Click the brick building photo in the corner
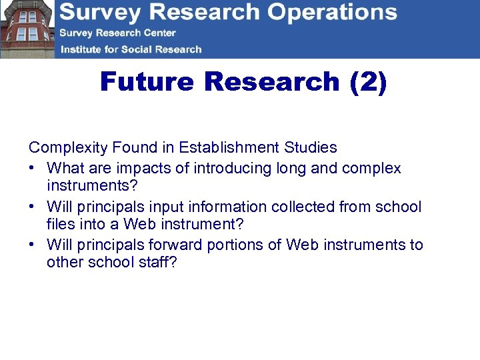pos(27,29)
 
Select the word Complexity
pos(69,147)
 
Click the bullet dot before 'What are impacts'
pos(32,168)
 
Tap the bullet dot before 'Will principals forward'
pos(32,245)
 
